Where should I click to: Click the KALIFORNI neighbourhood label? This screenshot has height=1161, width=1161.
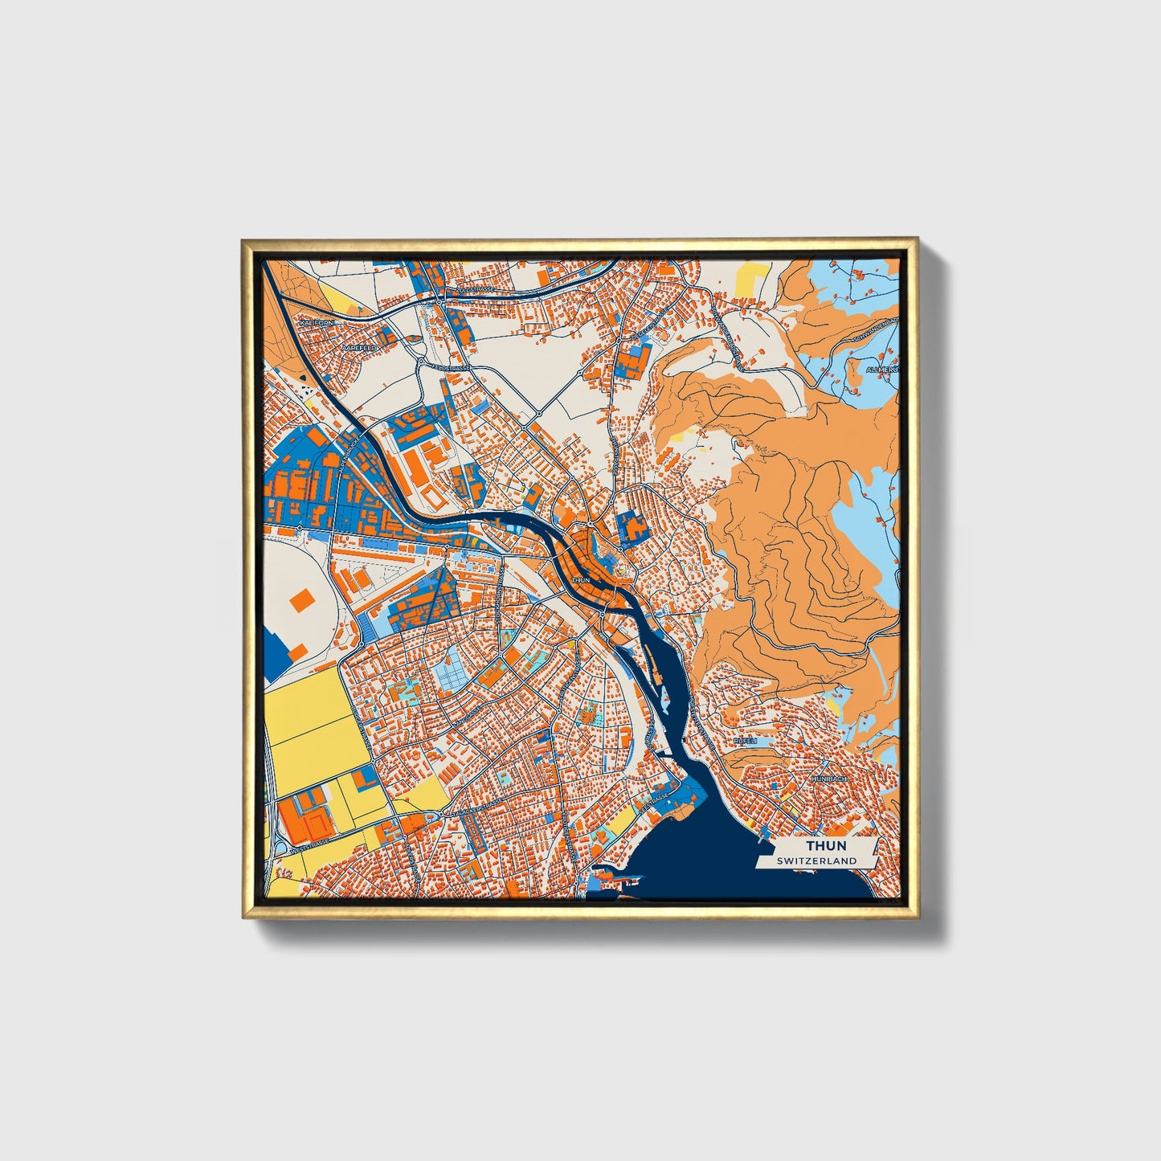(x=316, y=322)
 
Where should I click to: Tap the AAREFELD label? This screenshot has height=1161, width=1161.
(x=358, y=347)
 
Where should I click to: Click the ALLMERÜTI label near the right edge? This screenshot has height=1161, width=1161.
(x=882, y=370)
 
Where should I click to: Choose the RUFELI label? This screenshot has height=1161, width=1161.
(x=745, y=741)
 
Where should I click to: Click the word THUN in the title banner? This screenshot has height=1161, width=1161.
(x=826, y=846)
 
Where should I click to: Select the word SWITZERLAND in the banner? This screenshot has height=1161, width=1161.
(x=816, y=861)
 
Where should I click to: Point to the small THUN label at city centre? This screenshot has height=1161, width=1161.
(x=580, y=579)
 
